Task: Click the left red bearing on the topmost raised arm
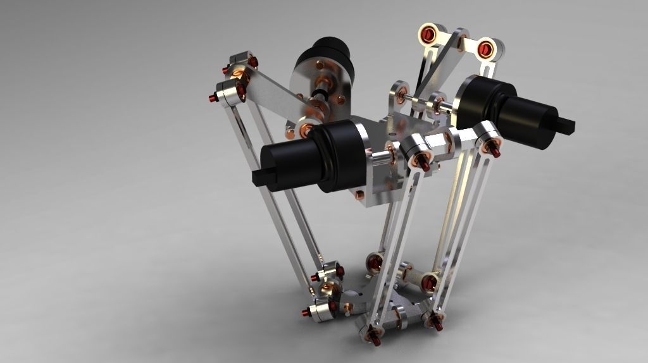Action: coord(431,33)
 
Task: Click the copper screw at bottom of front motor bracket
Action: coord(360,194)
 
